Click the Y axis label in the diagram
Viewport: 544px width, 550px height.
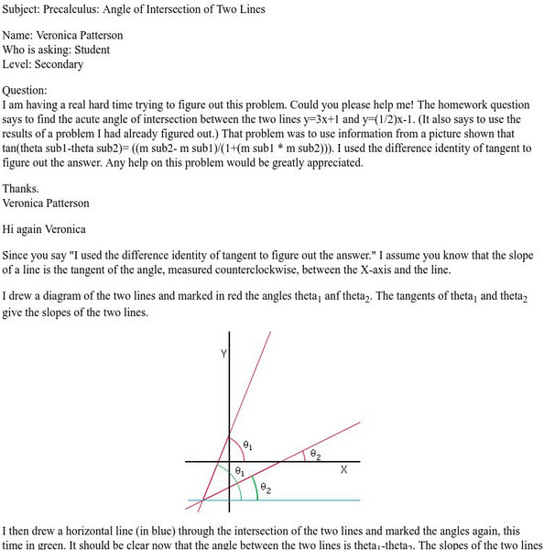tap(223, 353)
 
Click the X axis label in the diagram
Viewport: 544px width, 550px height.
tap(344, 469)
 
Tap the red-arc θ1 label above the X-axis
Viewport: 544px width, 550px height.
tap(247, 445)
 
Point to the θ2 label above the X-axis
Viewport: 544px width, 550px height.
tap(314, 453)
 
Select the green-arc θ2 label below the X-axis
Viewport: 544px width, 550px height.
tap(265, 489)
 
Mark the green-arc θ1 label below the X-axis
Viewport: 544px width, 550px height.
tap(239, 471)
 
